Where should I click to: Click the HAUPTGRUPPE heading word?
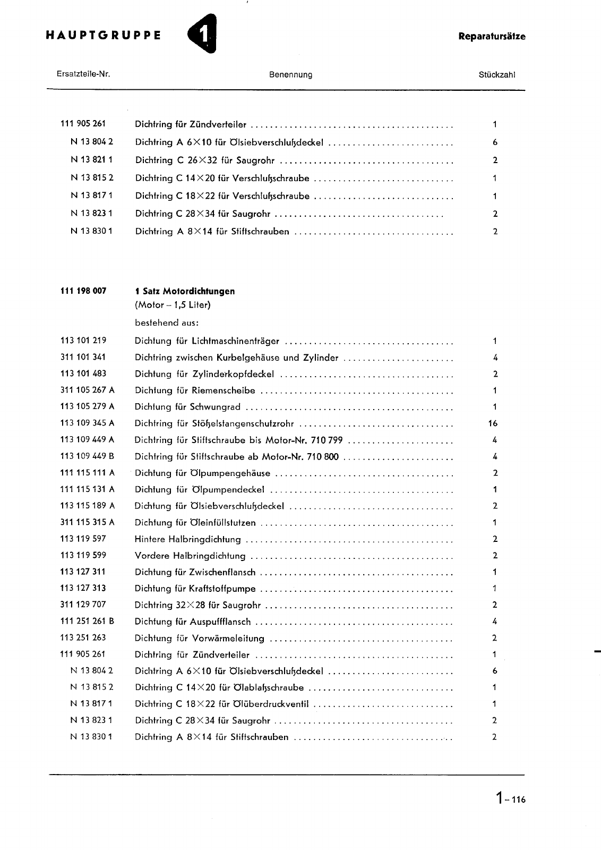point(104,36)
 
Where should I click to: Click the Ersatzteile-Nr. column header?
point(83,74)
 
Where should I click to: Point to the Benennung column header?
point(290,75)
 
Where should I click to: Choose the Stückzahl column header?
point(496,75)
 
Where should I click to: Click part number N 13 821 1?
point(91,159)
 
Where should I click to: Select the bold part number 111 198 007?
point(83,291)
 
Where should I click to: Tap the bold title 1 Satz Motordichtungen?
point(185,291)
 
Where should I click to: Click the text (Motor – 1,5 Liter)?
point(173,305)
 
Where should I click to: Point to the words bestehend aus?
point(167,322)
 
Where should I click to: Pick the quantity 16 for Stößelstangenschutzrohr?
point(492,423)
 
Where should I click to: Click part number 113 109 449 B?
point(87,456)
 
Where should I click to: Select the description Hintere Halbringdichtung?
point(188,539)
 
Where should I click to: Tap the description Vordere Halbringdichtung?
point(190,556)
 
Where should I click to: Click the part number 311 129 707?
point(83,604)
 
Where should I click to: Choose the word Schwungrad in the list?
point(215,407)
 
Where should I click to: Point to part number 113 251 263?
point(83,637)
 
